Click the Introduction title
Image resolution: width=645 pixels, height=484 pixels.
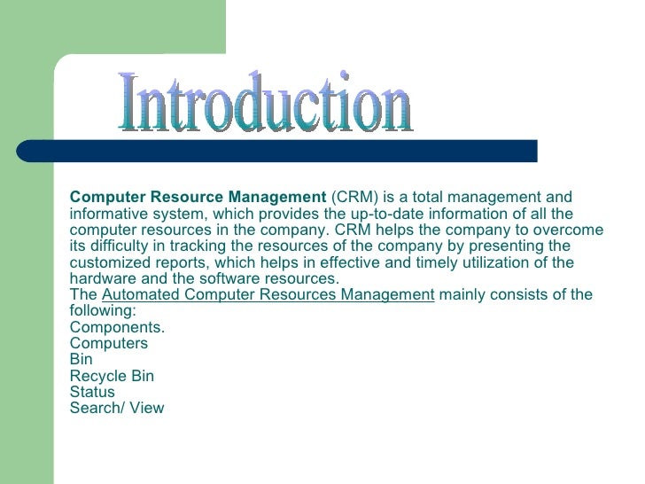pyautogui.click(x=266, y=105)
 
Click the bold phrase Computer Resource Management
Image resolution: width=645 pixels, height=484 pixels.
pyautogui.click(x=198, y=198)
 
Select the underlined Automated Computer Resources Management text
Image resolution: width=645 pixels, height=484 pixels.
pyautogui.click(x=268, y=295)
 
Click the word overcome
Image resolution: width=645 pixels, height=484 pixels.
pyautogui.click(x=572, y=230)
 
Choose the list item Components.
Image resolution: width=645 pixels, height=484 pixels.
pyautogui.click(x=117, y=327)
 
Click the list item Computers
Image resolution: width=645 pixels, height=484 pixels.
pyautogui.click(x=108, y=344)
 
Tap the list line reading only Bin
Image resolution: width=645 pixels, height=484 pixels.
pyautogui.click(x=81, y=360)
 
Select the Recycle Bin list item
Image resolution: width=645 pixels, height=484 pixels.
pyautogui.click(x=112, y=376)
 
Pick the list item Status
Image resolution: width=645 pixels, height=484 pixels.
pyautogui.click(x=92, y=392)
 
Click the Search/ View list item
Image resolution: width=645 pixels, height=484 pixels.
pyautogui.click(x=117, y=409)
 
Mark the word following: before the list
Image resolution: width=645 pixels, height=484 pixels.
pyautogui.click(x=102, y=311)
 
